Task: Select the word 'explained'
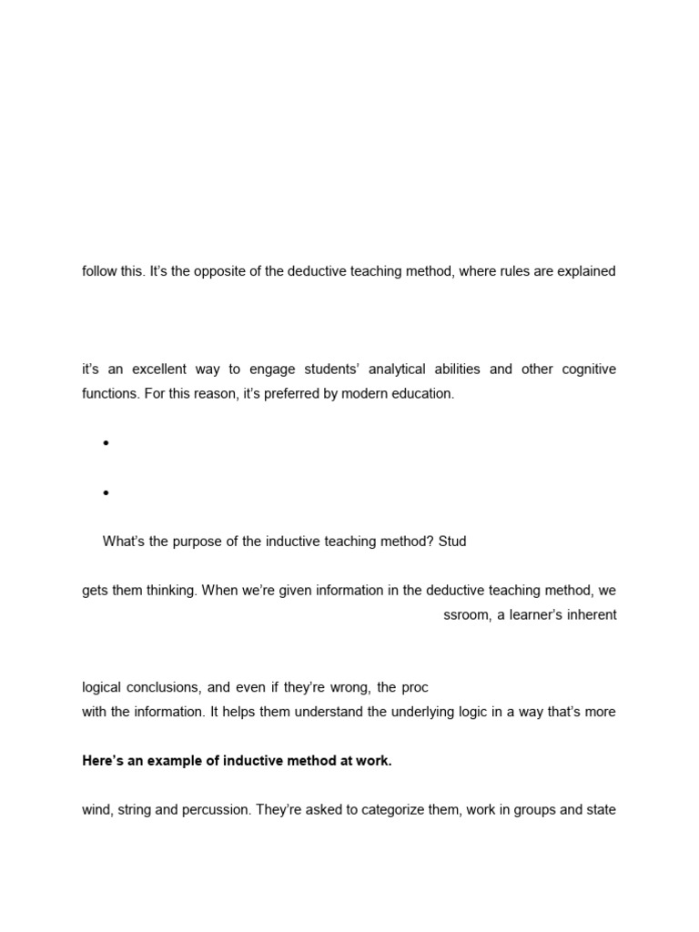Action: click(586, 271)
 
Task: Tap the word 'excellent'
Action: click(161, 370)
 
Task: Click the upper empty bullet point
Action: click(106, 443)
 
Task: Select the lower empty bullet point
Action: click(106, 493)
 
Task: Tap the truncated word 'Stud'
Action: click(451, 542)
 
